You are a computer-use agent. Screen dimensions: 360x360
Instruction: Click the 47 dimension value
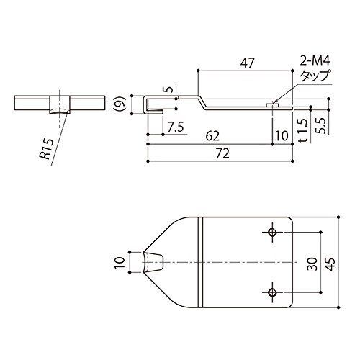[248, 63]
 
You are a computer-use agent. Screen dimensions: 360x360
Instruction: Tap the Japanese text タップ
[315, 76]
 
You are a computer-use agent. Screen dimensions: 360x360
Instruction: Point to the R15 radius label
[46, 149]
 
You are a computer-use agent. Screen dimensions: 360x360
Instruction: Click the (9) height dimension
[122, 104]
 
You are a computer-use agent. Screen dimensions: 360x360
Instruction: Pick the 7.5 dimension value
[176, 127]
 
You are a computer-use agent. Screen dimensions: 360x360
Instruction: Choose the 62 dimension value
[212, 136]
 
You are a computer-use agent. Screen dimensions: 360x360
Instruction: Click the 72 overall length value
[222, 153]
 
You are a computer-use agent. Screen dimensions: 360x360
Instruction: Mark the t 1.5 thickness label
[303, 130]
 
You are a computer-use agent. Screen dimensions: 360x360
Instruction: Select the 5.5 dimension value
[320, 125]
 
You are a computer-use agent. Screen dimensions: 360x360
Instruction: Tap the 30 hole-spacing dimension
[312, 264]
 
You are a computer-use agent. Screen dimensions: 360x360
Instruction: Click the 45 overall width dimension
[330, 264]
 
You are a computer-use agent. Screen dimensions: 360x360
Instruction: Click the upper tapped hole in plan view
[272, 232]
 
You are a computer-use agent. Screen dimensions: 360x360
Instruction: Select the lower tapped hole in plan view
[272, 292]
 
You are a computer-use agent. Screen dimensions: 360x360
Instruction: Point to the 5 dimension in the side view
[169, 89]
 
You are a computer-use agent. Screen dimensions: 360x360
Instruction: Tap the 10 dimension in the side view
[282, 136]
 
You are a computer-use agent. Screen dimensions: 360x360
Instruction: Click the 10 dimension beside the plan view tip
[120, 262]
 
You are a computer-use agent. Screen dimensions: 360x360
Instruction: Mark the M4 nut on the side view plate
[272, 105]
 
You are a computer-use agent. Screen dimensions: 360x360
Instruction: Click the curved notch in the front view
[60, 112]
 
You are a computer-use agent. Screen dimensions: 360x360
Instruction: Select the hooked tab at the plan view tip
[153, 262]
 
